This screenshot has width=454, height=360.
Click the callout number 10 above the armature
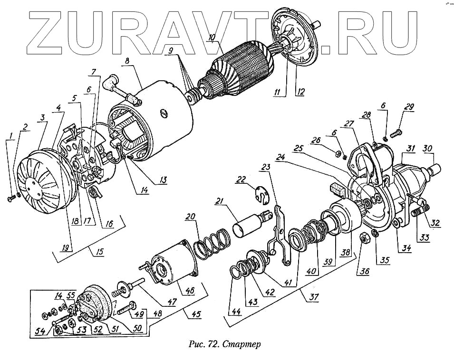tap(212, 37)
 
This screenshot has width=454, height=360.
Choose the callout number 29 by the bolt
tap(408, 107)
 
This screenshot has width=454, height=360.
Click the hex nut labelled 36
tap(363, 237)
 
